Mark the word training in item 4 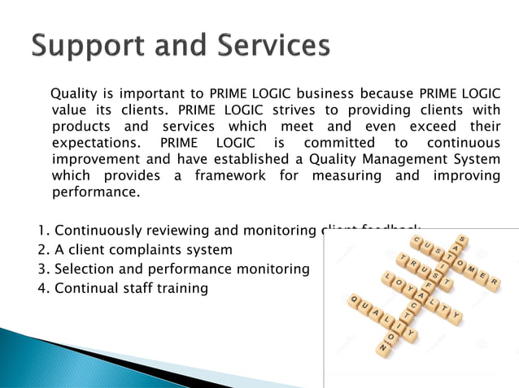[180, 288]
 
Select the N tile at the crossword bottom [383, 347]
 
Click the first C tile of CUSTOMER [417, 239]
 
